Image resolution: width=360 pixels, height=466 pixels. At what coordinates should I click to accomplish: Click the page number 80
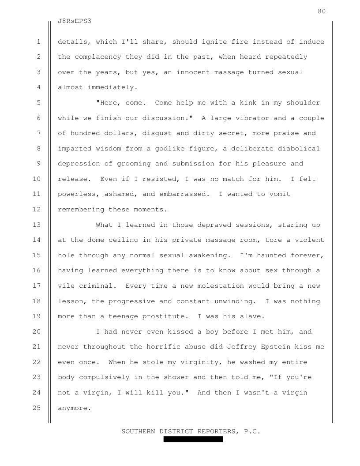[321, 11]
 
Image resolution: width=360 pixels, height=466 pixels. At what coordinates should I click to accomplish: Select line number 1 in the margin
[39, 42]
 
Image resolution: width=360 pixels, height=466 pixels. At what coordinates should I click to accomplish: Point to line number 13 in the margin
[37, 225]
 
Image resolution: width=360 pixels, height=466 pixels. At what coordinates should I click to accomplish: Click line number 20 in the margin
[37, 331]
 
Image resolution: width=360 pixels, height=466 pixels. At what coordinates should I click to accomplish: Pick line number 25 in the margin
[37, 408]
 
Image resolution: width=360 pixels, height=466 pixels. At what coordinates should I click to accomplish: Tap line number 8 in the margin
[39, 148]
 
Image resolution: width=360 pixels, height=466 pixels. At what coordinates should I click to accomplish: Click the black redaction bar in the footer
[193, 440]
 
